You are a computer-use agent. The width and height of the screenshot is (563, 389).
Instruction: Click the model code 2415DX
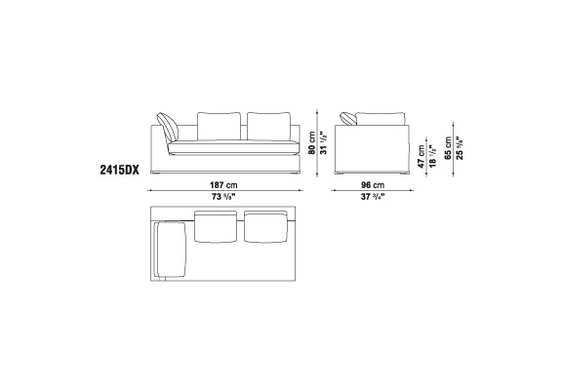(x=120, y=170)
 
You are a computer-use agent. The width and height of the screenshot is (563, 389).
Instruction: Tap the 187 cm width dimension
(x=223, y=185)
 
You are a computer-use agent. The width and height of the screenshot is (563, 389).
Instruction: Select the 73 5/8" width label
(x=223, y=197)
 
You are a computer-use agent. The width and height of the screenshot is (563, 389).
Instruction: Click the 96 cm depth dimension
(x=373, y=185)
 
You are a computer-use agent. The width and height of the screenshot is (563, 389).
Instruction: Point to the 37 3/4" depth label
(x=373, y=197)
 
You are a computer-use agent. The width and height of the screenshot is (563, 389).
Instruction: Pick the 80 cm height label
(x=312, y=142)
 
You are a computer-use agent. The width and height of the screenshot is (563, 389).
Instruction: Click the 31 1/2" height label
(x=324, y=143)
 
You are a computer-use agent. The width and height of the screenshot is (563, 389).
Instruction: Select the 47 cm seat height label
(x=422, y=156)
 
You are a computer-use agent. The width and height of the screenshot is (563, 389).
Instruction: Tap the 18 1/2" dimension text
(x=433, y=156)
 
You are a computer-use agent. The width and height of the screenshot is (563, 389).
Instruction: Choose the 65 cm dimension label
(x=448, y=147)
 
